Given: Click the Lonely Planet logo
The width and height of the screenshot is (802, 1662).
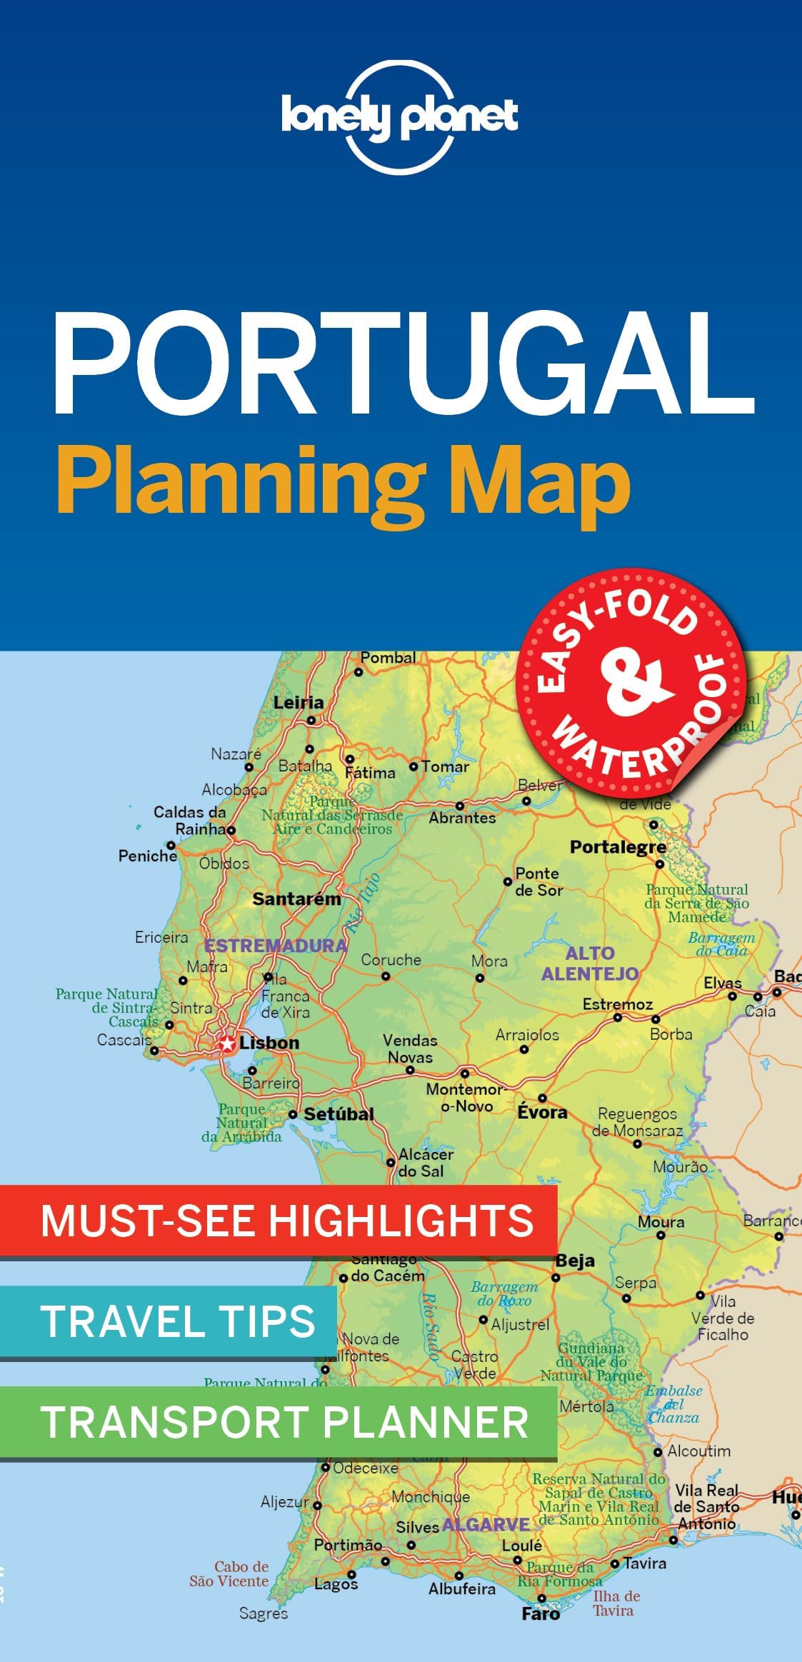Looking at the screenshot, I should [400, 116].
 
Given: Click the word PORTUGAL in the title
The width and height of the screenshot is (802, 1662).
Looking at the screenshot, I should [403, 364].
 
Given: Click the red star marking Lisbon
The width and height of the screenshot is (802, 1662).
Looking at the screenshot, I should [227, 1043].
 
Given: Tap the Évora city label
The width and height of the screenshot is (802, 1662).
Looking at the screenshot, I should [543, 1112].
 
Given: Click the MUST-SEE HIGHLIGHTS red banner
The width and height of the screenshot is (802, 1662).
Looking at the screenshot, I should [286, 1221].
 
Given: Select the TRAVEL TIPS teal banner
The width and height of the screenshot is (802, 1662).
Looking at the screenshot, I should [177, 1321].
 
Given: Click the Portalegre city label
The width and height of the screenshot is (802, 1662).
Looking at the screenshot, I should [618, 847].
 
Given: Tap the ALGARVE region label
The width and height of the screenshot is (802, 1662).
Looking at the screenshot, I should [486, 1524].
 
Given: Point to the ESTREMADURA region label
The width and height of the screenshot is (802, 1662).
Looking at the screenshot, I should [276, 946].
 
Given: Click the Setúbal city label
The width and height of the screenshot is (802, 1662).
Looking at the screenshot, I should [339, 1113].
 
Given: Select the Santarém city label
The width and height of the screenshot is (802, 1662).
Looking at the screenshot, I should [296, 898].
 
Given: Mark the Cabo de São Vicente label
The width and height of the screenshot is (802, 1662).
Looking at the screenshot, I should [230, 1574].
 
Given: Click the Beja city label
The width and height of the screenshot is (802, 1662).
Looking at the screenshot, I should [575, 1261].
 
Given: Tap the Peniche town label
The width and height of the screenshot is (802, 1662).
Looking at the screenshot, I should [148, 856].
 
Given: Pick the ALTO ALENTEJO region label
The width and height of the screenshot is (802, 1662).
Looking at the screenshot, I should [590, 963].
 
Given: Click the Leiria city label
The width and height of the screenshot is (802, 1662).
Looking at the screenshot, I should [299, 703].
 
